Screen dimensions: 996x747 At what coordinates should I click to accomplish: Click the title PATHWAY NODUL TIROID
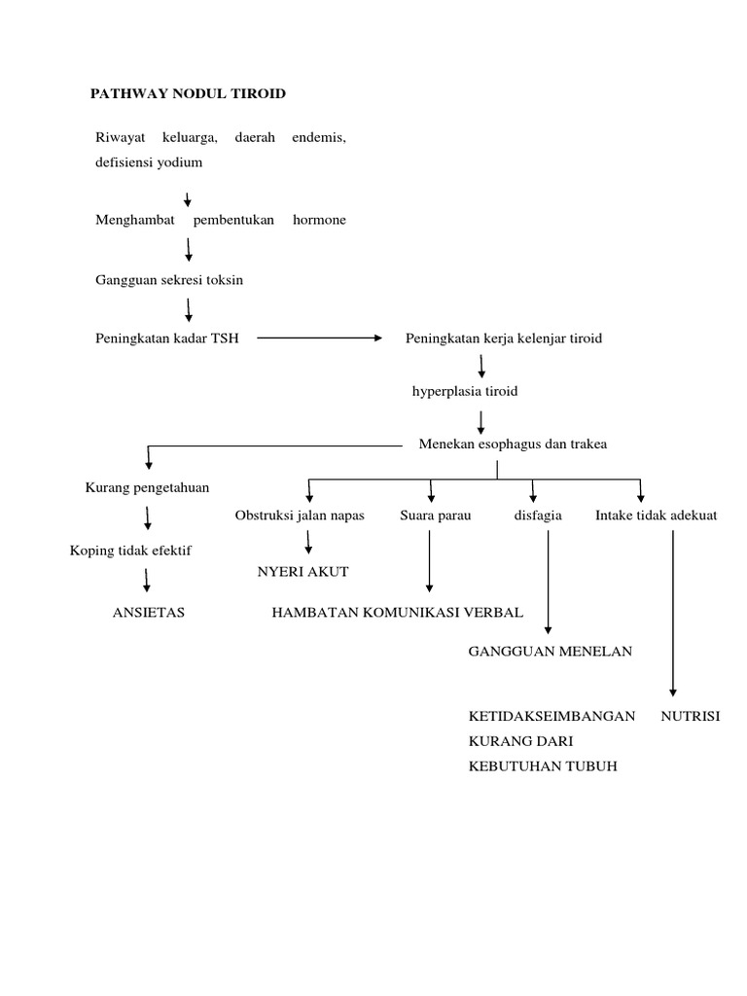click(188, 93)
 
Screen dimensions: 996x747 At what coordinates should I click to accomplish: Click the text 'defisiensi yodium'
click(149, 162)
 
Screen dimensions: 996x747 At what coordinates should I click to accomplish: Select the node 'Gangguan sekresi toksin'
click(169, 280)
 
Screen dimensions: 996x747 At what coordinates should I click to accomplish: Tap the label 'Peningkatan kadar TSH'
click(167, 338)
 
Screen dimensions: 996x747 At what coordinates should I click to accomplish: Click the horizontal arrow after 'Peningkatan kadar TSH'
click(320, 338)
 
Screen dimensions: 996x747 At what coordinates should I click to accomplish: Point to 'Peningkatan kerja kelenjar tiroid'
click(504, 338)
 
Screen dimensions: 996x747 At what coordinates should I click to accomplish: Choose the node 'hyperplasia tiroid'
click(465, 392)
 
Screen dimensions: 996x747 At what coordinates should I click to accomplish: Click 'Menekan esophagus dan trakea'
click(513, 445)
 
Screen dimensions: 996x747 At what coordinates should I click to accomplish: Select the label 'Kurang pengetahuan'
click(148, 486)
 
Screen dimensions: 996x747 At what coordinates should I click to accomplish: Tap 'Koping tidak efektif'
click(130, 551)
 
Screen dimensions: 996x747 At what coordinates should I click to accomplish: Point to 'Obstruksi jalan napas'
click(300, 516)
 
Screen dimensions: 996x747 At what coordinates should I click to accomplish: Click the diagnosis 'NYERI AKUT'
click(302, 571)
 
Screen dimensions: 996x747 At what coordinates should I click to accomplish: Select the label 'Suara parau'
click(435, 516)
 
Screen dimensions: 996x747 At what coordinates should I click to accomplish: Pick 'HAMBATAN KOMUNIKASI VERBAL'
click(398, 612)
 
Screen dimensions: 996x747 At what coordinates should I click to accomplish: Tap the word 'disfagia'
click(538, 516)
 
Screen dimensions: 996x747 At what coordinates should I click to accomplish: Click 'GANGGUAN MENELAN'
click(551, 651)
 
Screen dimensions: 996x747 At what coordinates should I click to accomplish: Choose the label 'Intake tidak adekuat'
click(657, 516)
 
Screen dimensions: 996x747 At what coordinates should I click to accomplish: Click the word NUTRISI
click(690, 716)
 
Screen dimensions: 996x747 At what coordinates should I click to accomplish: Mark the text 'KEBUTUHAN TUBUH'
click(543, 766)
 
